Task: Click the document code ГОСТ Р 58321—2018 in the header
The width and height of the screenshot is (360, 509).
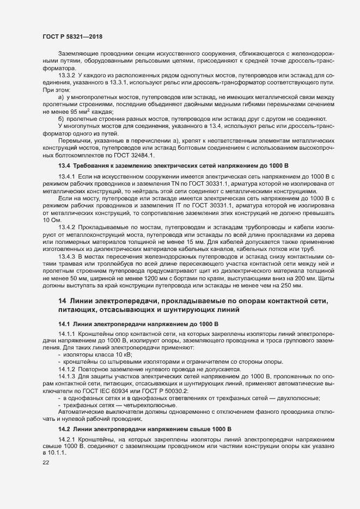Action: (72, 36)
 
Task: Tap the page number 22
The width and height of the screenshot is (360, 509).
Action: (46, 463)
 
